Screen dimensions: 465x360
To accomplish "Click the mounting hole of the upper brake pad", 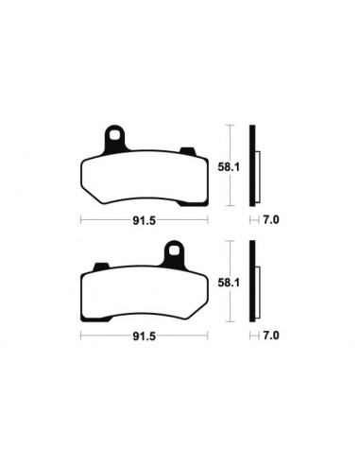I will pyautogui.click(x=114, y=136).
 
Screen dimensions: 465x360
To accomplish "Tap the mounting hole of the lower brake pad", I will pyautogui.click(x=175, y=252).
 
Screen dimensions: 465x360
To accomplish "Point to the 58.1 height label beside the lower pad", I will pyautogui.click(x=230, y=281).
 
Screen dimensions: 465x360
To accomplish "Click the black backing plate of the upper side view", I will pyautogui.click(x=251, y=166).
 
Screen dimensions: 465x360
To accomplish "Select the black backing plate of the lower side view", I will pyautogui.click(x=251, y=283).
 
